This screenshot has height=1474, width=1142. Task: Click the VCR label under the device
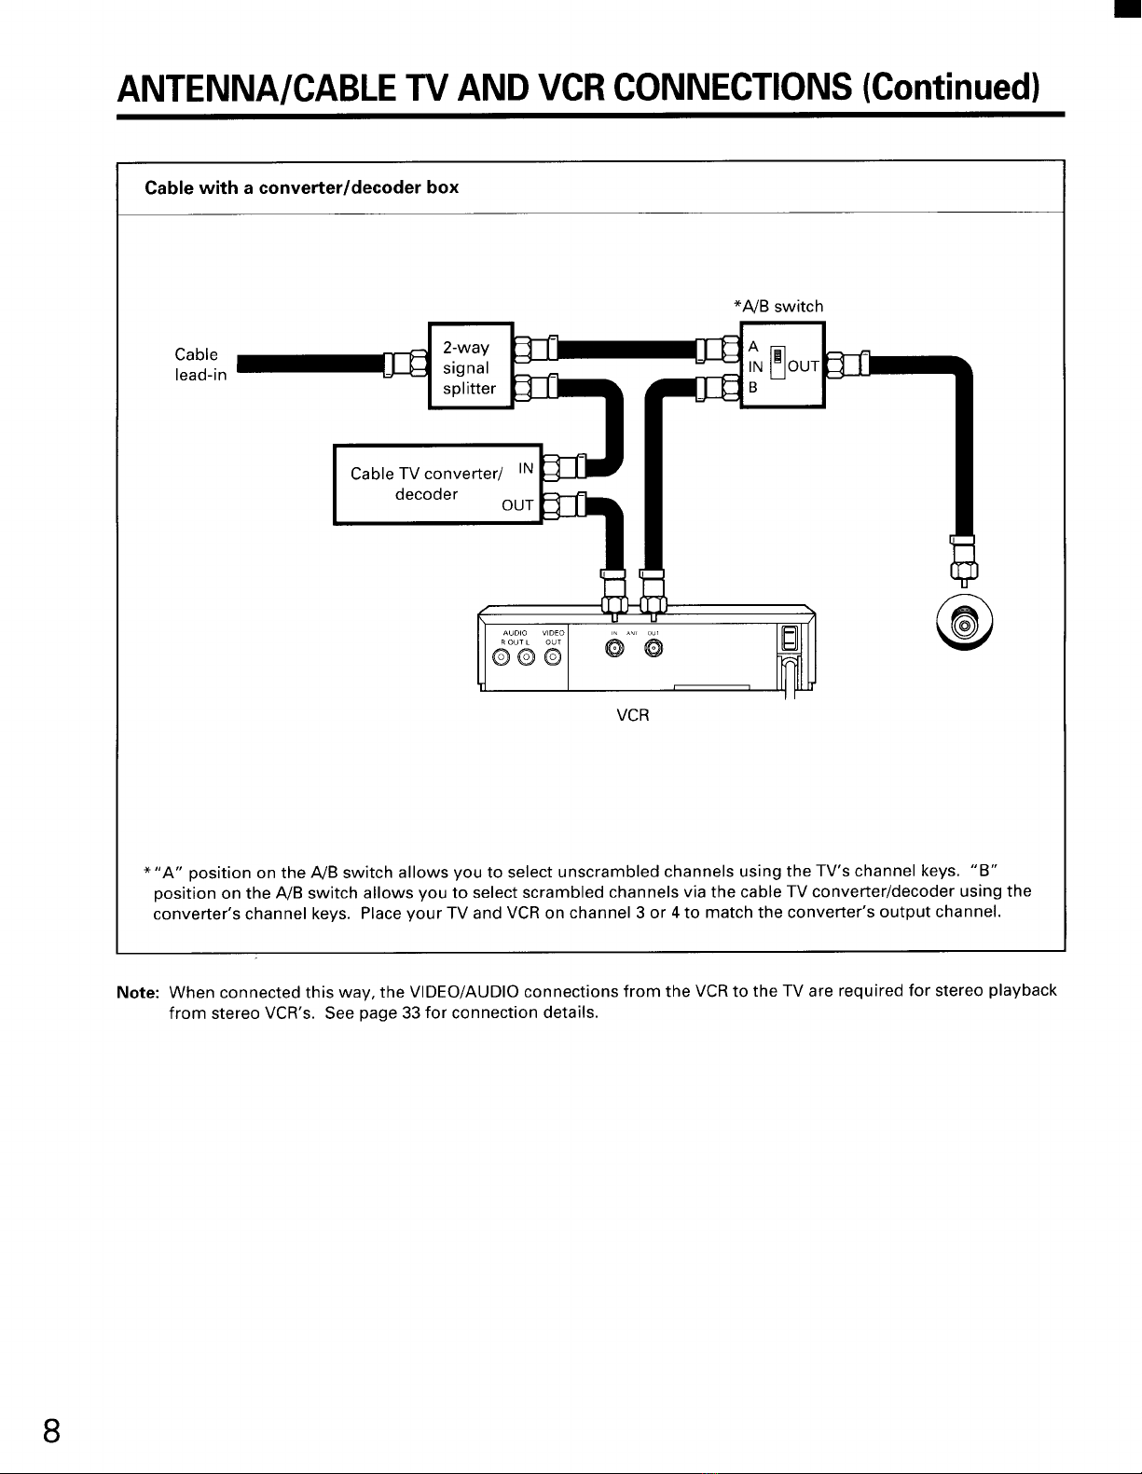(x=633, y=715)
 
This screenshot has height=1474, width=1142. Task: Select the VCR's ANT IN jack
(x=613, y=650)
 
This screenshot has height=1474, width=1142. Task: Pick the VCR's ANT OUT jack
(x=653, y=650)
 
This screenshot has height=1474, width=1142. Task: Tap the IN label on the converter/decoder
(x=526, y=467)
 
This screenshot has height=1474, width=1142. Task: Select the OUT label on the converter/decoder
(x=517, y=506)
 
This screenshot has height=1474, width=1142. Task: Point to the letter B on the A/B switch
(x=753, y=387)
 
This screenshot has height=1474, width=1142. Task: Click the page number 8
(x=52, y=1429)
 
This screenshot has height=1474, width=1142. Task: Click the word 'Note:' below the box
(x=137, y=992)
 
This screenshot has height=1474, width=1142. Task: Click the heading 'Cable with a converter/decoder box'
(x=302, y=187)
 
